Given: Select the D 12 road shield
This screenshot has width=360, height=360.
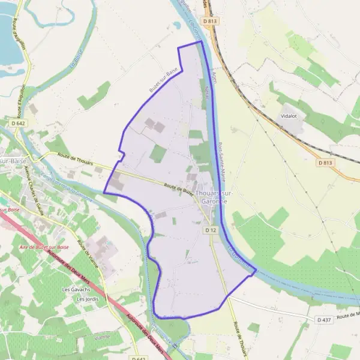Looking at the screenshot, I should tap(209, 230).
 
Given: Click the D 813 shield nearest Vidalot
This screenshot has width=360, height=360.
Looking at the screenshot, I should tap(325, 163).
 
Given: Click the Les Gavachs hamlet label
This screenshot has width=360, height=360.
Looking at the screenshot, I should tap(74, 289).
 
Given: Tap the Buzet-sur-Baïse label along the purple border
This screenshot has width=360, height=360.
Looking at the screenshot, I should tap(164, 79).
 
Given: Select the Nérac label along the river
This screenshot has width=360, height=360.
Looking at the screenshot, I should tap(208, 92).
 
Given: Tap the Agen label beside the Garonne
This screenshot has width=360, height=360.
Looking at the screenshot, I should tap(214, 74).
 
